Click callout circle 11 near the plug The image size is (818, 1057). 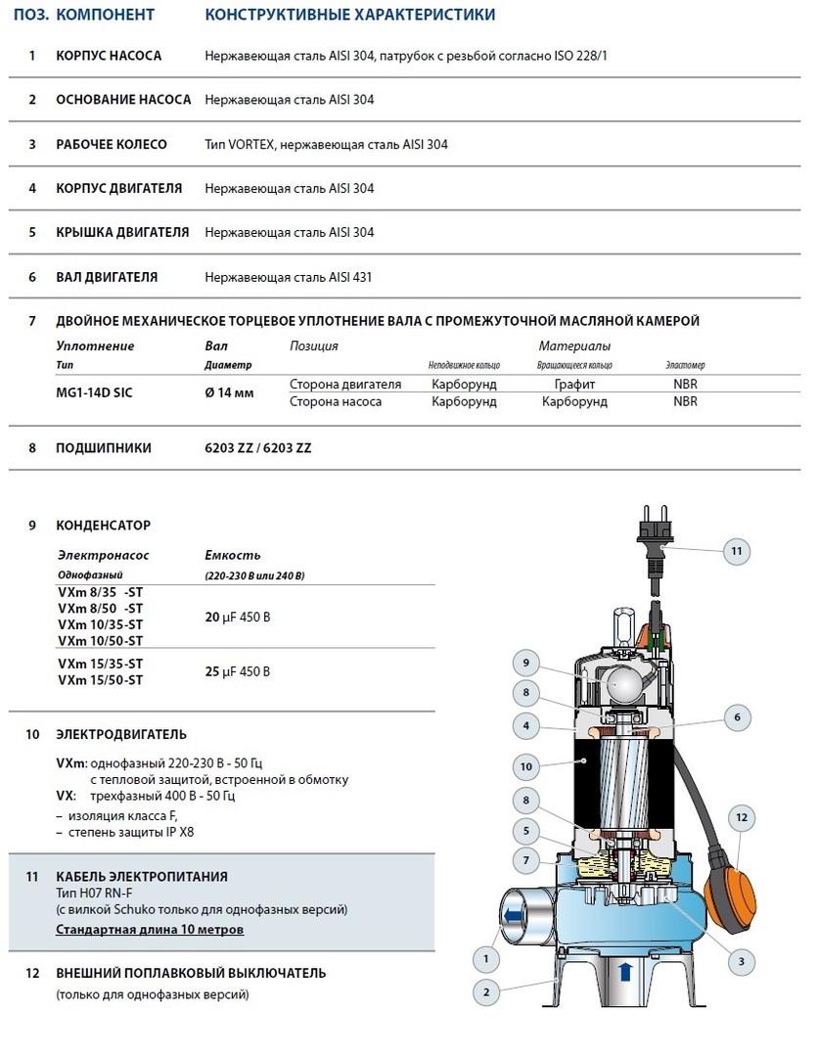[x=737, y=551]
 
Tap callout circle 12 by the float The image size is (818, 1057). [x=741, y=816]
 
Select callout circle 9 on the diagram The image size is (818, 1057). [x=525, y=663]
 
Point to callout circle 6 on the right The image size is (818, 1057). [x=737, y=716]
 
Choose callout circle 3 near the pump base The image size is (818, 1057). [x=741, y=963]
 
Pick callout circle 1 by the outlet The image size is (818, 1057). [x=485, y=958]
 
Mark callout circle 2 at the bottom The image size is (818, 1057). [x=485, y=992]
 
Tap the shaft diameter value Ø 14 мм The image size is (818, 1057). [x=229, y=391]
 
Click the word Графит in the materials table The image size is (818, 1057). [x=574, y=385]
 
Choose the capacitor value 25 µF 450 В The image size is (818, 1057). [x=237, y=671]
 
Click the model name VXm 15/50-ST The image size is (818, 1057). [x=100, y=679]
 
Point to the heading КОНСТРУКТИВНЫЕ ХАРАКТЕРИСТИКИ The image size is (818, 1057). [x=349, y=15]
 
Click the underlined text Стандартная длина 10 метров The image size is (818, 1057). [x=150, y=929]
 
